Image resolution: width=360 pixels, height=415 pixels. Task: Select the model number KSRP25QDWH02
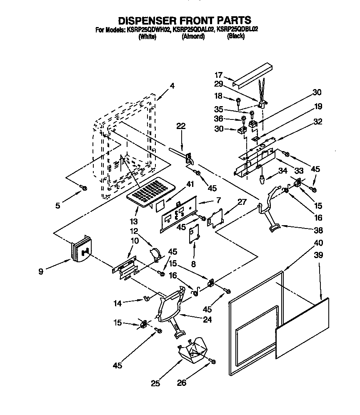(147, 30)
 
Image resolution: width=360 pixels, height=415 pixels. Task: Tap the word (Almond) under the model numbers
(193, 36)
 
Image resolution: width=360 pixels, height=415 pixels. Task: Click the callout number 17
(218, 75)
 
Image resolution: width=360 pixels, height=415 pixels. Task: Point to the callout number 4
(172, 86)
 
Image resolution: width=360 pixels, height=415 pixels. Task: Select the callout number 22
(180, 127)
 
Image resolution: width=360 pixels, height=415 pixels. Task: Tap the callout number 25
(155, 383)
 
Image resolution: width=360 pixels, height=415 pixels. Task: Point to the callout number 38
(318, 230)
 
